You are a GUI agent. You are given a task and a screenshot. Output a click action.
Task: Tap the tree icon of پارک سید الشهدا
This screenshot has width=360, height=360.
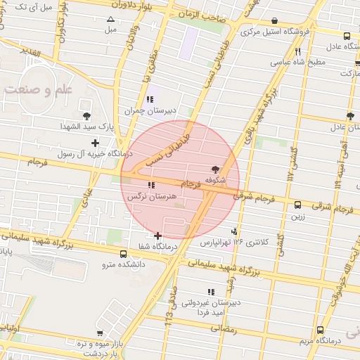click(x=86, y=116)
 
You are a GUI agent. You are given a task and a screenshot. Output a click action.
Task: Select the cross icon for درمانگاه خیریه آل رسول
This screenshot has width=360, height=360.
click(x=96, y=143)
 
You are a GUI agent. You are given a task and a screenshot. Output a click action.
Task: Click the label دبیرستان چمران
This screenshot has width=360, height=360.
click(x=149, y=110)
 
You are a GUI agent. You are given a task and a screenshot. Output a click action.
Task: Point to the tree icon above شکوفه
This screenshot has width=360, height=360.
click(x=214, y=169)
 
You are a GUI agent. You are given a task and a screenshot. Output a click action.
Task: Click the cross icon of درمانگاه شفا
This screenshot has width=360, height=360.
click(x=157, y=236)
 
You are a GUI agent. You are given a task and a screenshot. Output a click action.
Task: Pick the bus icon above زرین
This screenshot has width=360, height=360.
click(x=298, y=205)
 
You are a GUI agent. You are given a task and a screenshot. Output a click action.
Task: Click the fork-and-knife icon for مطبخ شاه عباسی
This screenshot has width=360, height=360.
click(x=298, y=51)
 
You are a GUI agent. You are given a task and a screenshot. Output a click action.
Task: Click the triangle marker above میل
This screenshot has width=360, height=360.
click(x=110, y=19)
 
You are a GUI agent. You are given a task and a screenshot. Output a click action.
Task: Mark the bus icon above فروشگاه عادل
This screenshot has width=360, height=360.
click(x=347, y=36)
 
